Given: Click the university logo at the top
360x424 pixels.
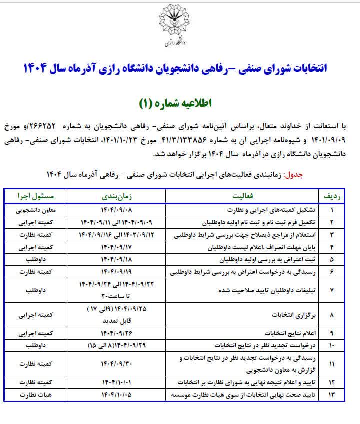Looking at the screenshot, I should pos(180,25).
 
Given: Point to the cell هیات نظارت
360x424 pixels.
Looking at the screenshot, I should pos(34,395).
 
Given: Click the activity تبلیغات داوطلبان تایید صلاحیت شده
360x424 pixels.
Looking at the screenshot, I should pos(270,290).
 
